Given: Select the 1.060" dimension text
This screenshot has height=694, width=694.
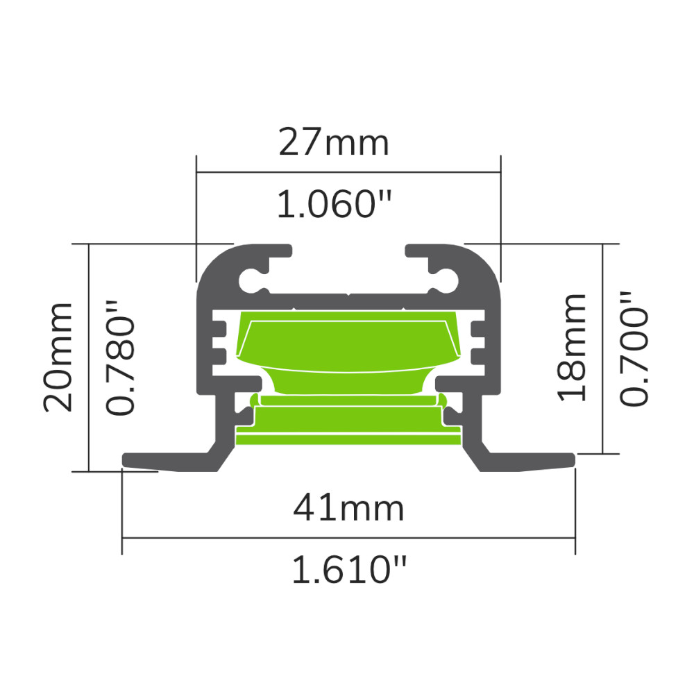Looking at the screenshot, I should point(335,205).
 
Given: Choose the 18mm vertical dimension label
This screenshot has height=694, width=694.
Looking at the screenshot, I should point(573,347).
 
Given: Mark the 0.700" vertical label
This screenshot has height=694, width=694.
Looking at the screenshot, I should point(635,347).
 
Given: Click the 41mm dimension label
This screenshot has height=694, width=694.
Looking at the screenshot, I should point(348,509).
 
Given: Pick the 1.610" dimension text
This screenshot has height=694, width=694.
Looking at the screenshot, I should point(348,571).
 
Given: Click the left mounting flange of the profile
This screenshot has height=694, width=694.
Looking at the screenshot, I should point(167,461).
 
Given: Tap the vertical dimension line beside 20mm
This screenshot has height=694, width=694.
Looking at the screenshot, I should point(90,357).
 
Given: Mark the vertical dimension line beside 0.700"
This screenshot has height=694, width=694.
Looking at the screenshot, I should point(602,347).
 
